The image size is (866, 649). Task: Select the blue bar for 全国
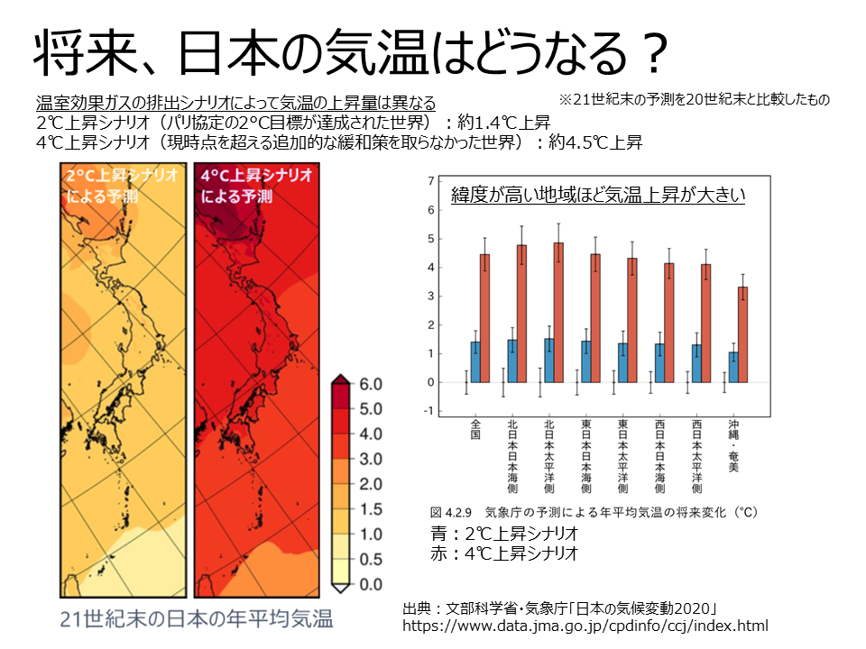(x=474, y=361)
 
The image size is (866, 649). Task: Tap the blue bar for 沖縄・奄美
(x=732, y=367)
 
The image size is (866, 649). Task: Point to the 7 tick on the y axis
(x=431, y=179)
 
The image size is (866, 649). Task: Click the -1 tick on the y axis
(x=429, y=411)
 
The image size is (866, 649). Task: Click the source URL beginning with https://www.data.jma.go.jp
(x=585, y=625)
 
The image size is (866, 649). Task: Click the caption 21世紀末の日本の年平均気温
(x=197, y=619)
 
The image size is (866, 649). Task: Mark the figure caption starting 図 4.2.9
(x=595, y=511)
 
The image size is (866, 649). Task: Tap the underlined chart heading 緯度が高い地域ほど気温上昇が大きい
(x=597, y=195)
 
